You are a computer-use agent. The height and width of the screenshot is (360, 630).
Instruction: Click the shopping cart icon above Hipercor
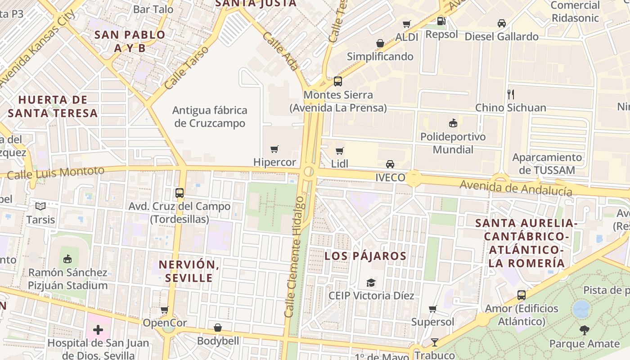coord(274,149)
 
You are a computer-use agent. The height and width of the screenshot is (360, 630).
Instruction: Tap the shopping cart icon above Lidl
coord(340,151)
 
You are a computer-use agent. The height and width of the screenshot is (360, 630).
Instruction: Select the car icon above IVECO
coord(390,164)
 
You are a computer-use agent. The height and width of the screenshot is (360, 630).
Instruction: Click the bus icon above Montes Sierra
coord(338,81)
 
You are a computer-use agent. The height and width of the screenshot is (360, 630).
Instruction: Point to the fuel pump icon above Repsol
coord(441,21)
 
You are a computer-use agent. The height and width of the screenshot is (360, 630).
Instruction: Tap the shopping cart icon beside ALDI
coord(407,24)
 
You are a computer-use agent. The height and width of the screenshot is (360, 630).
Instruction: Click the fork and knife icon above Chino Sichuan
coord(510,94)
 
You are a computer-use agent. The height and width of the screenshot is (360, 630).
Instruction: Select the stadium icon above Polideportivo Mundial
coord(453,123)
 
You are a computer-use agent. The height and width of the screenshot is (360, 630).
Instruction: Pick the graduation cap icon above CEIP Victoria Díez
coord(371,283)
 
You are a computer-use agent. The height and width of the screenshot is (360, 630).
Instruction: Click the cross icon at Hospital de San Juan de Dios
coord(98,330)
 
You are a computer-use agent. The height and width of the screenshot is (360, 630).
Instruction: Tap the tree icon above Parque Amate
coord(584,330)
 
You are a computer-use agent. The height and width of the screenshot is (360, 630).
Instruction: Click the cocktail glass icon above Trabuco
coord(435,342)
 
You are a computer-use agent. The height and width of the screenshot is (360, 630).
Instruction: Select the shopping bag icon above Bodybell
coord(218,328)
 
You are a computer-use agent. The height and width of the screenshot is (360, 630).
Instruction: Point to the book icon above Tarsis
coord(40,207)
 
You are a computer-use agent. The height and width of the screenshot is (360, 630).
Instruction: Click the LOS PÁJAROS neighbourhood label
coord(365,256)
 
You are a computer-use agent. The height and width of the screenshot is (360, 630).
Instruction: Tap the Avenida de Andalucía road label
coord(516,188)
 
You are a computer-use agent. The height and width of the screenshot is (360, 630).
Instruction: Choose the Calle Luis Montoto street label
coord(55,172)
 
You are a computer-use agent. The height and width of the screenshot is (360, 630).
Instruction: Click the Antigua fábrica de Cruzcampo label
coord(210,117)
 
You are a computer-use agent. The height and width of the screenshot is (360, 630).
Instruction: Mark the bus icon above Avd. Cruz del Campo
coord(180,193)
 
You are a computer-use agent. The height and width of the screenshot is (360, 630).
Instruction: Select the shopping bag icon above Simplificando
coord(380,43)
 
